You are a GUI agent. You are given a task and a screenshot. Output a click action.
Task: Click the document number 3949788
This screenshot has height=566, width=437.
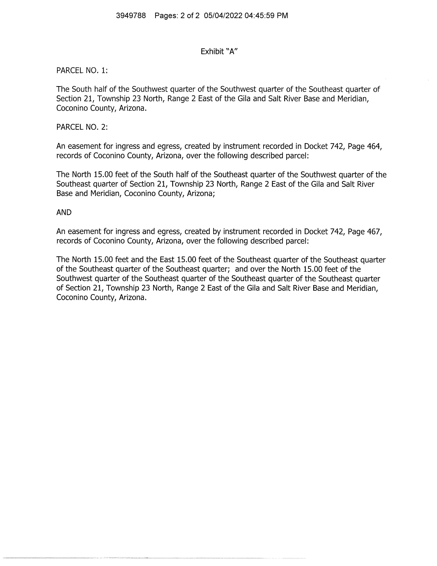pyautogui.click(x=131, y=16)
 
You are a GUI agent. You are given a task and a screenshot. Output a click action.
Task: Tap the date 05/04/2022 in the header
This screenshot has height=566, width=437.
pyautogui.click(x=223, y=16)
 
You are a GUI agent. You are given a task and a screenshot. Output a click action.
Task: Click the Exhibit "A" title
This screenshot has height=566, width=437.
pyautogui.click(x=219, y=52)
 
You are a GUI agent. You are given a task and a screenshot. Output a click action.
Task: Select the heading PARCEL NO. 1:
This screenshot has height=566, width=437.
pyautogui.click(x=82, y=70)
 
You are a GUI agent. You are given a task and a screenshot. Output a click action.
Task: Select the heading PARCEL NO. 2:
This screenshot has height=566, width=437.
pyautogui.click(x=82, y=127)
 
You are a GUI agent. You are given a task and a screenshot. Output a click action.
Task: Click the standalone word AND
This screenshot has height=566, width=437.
pyautogui.click(x=64, y=213)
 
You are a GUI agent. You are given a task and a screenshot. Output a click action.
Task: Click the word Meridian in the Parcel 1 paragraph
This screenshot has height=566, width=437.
pyautogui.click(x=353, y=99)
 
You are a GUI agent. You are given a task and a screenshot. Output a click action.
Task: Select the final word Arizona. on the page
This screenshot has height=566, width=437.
pyautogui.click(x=133, y=298)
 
